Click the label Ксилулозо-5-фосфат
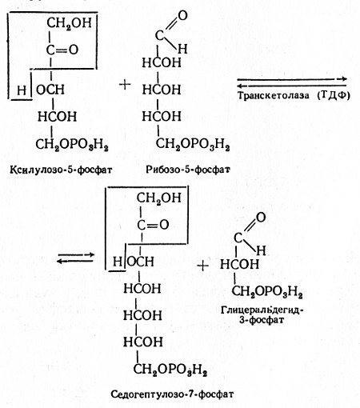pos(61,170)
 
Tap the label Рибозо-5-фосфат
pos(188,170)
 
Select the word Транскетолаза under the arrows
pos(274,95)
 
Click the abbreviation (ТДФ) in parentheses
pos(334,95)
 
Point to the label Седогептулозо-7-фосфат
pos(172,394)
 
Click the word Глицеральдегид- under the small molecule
pos(262,310)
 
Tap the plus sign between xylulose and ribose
pos(125,85)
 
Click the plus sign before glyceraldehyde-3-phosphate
pos(202,266)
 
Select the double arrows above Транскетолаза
pos(292,82)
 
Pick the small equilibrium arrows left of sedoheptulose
pos(76,258)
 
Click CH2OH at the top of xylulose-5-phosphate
pos(69,23)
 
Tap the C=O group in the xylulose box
pos(62,50)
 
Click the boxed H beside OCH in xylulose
pos(22,90)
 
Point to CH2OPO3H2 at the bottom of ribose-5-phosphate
pos(193,145)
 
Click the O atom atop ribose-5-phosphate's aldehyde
pos(182,16)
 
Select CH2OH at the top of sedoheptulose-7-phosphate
pos(159,198)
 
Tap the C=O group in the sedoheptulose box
pos(153,225)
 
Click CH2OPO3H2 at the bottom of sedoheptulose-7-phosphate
pos(170,370)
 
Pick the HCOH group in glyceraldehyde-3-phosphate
pos(239,264)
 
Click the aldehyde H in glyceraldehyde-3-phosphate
pos(261,250)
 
